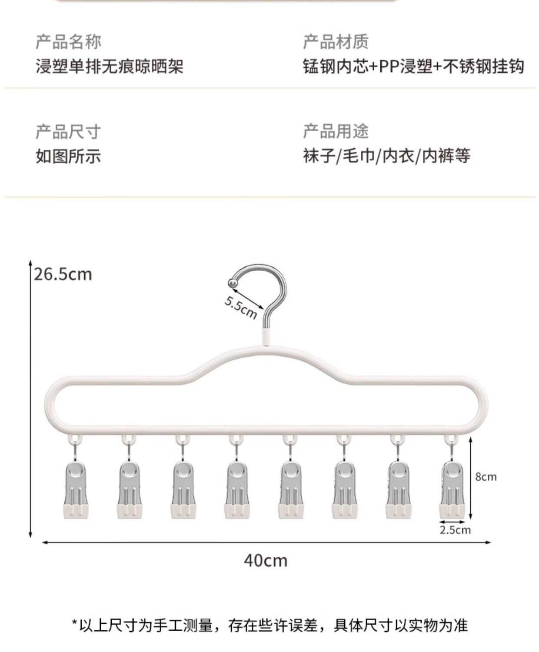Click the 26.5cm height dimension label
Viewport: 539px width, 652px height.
[63, 274]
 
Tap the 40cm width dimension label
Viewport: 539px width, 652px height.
[266, 560]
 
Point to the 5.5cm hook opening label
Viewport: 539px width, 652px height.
[240, 307]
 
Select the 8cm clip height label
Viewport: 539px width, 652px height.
[486, 477]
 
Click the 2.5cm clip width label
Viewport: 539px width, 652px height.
[455, 530]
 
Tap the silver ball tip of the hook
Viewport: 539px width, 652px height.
[233, 283]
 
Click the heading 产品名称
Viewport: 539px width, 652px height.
[68, 42]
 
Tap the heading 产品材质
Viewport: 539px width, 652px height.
[336, 42]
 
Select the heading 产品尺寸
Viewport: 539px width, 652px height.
[68, 132]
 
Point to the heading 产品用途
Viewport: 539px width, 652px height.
[336, 131]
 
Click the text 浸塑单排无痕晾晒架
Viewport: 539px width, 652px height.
[110, 67]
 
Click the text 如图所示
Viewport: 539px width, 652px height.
[68, 156]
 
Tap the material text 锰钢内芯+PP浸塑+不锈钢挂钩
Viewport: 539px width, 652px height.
[413, 67]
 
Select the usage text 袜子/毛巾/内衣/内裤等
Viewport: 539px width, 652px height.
[386, 156]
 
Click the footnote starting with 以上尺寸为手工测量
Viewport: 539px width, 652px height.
[269, 625]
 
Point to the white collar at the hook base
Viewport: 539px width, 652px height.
[266, 337]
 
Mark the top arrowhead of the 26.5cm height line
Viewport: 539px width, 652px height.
[30, 263]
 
